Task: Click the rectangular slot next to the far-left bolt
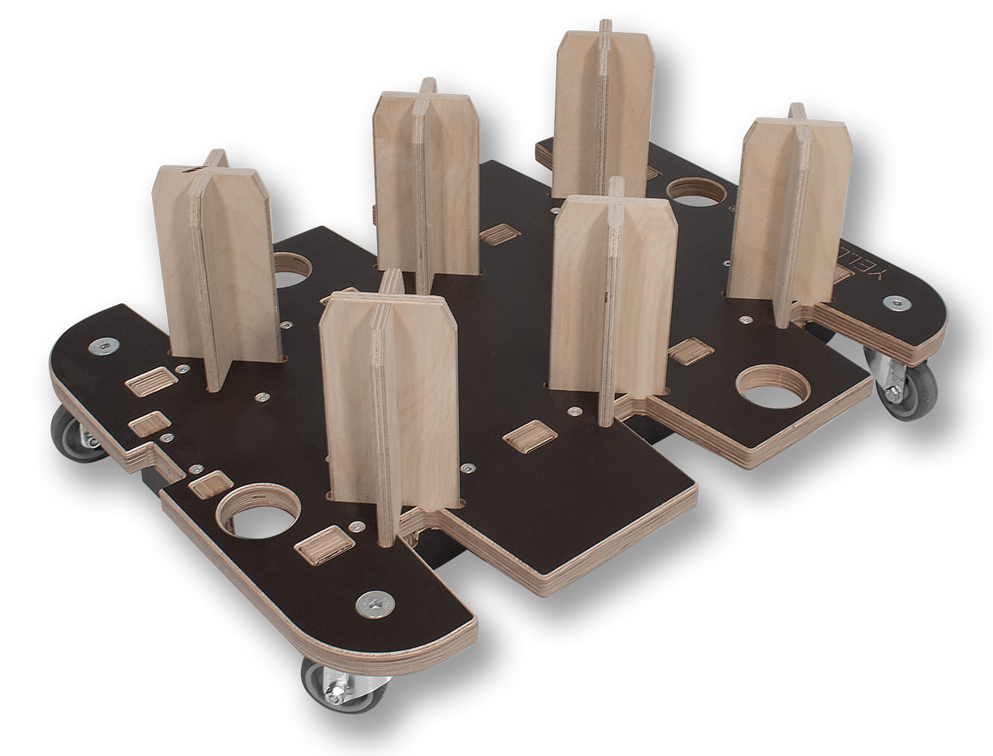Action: coord(151,383)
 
